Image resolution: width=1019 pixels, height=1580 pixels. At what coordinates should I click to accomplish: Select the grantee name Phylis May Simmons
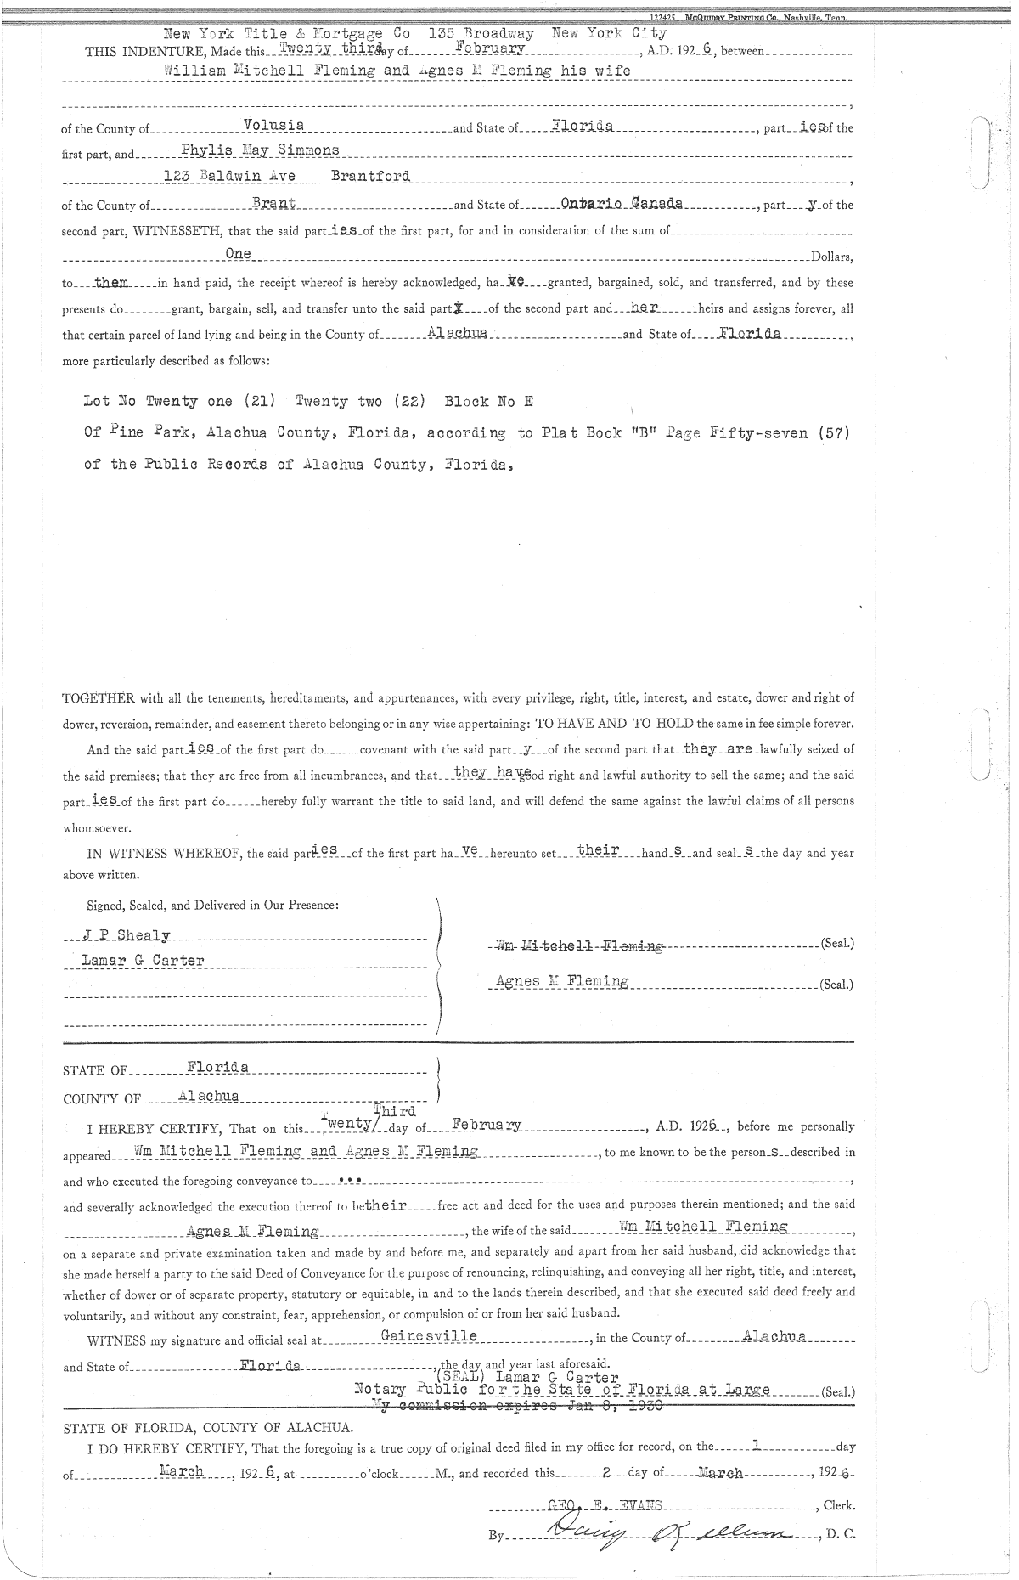[x=261, y=150]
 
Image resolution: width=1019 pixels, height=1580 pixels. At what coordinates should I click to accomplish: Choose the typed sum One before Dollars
[x=239, y=254]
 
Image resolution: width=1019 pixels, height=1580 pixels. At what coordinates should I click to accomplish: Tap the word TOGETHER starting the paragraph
[x=99, y=698]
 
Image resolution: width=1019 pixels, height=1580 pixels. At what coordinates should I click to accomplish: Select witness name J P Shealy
[x=127, y=935]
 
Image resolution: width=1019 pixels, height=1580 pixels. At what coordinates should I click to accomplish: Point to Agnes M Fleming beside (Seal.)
[x=562, y=982]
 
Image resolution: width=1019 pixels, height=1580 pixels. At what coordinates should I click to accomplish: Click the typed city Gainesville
[x=429, y=1336]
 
